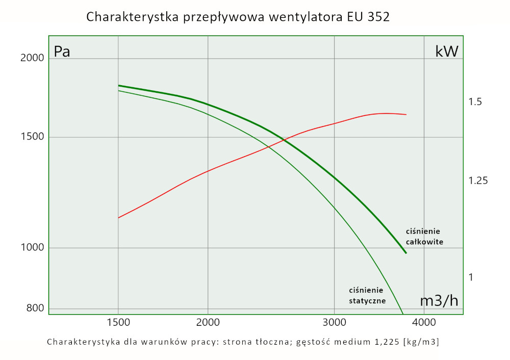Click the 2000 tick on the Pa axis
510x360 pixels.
[x=32, y=58]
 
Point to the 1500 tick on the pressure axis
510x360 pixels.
[x=32, y=137]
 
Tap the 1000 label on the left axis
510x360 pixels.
[x=32, y=248]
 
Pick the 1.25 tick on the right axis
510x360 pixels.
[x=478, y=181]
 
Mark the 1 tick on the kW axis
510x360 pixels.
[x=471, y=277]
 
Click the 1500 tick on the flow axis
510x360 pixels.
[x=118, y=322]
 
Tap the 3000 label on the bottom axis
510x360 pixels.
[x=334, y=322]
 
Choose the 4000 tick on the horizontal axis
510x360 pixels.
[x=424, y=322]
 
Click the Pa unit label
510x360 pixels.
[x=62, y=52]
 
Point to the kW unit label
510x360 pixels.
[x=447, y=52]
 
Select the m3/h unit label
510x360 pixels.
[x=439, y=301]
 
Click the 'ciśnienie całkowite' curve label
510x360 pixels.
[x=424, y=237]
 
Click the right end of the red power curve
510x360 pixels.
[x=406, y=115]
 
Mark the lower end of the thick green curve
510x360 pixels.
[x=406, y=253]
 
